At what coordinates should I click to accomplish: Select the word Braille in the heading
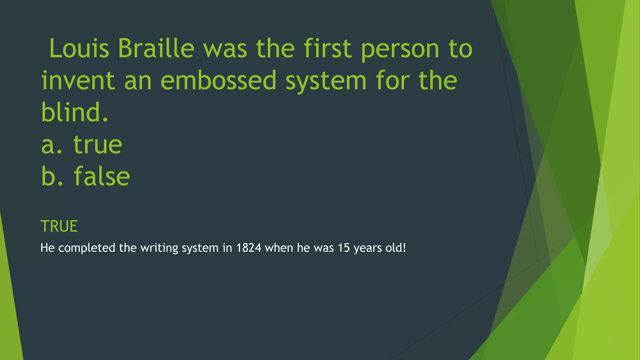156,48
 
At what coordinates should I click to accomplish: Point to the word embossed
218,81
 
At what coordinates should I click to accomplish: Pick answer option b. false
86,177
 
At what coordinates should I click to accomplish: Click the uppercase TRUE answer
59,226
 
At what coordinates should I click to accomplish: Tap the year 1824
248,248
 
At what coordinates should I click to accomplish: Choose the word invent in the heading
78,81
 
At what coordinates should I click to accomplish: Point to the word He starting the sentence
47,248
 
